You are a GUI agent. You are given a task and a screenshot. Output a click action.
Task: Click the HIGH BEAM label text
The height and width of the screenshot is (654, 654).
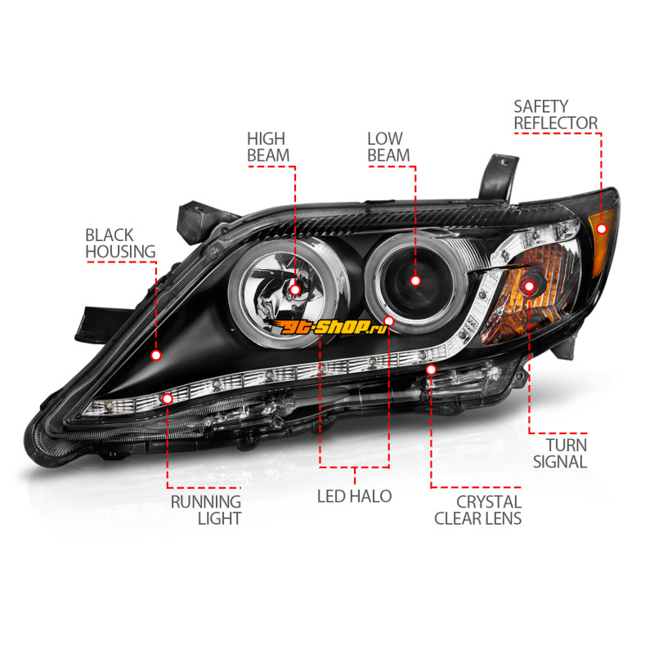[268, 146]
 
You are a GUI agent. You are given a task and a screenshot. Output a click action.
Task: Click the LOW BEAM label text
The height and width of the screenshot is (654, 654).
[388, 146]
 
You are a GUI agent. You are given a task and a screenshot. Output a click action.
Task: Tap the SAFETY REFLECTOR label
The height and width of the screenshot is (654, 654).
[555, 115]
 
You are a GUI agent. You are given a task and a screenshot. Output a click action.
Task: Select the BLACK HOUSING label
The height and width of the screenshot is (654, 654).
[120, 244]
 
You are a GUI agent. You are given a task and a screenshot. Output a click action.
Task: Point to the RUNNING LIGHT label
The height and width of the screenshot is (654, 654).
[206, 509]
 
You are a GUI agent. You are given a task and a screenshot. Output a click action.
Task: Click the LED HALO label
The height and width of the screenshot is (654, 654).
[355, 496]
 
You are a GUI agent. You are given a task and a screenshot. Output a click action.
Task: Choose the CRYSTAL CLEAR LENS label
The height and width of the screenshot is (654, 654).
[477, 509]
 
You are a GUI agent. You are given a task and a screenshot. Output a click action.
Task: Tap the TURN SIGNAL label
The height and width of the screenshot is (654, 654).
[560, 453]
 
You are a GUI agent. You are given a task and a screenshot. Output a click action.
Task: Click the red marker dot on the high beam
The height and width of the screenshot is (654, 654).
[295, 289]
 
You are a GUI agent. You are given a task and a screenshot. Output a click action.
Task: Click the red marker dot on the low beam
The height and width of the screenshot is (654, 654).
[415, 280]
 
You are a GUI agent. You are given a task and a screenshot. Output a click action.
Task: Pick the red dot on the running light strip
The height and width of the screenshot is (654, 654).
[168, 398]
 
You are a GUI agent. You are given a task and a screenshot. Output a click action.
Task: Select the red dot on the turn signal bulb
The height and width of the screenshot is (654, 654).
[529, 285]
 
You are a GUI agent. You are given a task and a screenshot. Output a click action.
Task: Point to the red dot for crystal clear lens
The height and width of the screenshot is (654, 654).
[431, 370]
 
